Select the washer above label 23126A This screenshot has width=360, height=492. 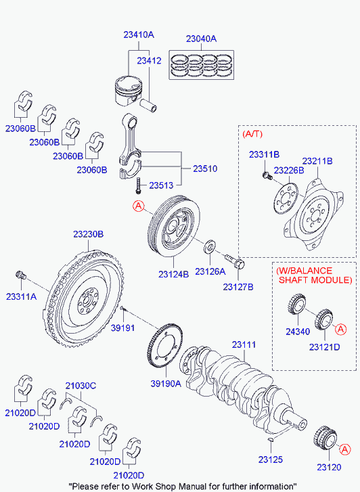coord(210,244)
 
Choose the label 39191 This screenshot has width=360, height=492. coord(124,326)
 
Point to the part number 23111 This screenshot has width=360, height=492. coord(244,345)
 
